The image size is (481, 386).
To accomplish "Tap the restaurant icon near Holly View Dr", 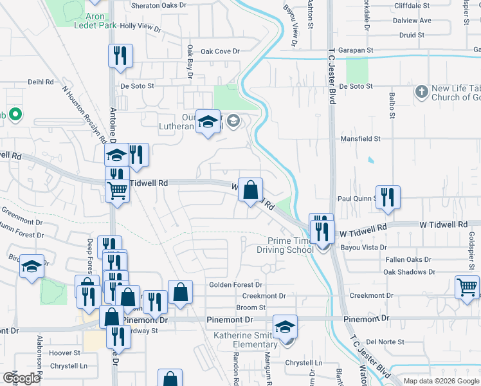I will [x=119, y=56].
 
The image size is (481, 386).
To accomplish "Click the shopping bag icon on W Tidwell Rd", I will [x=250, y=190].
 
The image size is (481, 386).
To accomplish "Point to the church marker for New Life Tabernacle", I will [x=421, y=91].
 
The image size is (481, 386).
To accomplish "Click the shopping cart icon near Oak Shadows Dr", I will [x=467, y=287].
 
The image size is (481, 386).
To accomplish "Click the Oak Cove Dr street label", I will [x=219, y=51].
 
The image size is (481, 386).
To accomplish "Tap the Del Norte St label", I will [x=385, y=342].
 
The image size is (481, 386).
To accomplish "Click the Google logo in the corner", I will [x=21, y=378].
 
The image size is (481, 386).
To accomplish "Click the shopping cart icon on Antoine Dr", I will [x=117, y=190].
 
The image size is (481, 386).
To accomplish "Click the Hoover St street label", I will [x=65, y=353].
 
